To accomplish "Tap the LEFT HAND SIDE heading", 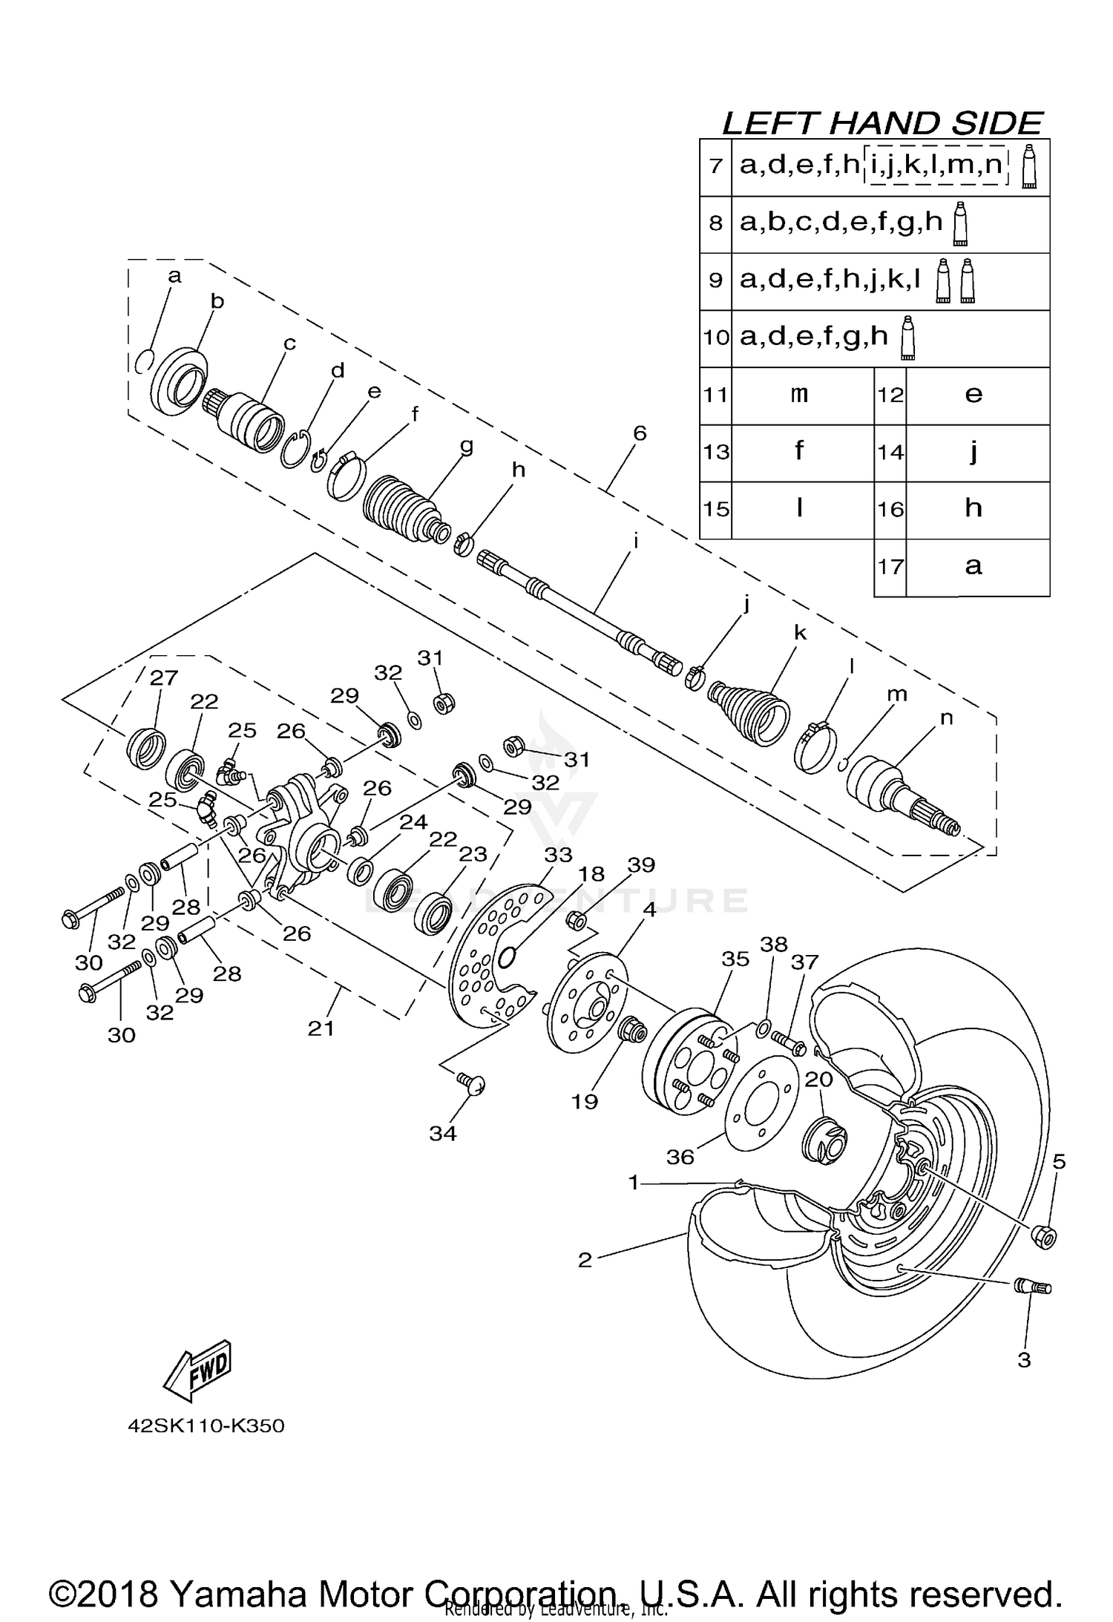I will [x=882, y=123].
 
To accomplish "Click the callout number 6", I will [x=640, y=433].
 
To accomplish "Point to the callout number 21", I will [x=321, y=1028].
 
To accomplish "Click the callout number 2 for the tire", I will [x=585, y=1260].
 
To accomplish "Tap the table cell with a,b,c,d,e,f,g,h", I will [x=842, y=223].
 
